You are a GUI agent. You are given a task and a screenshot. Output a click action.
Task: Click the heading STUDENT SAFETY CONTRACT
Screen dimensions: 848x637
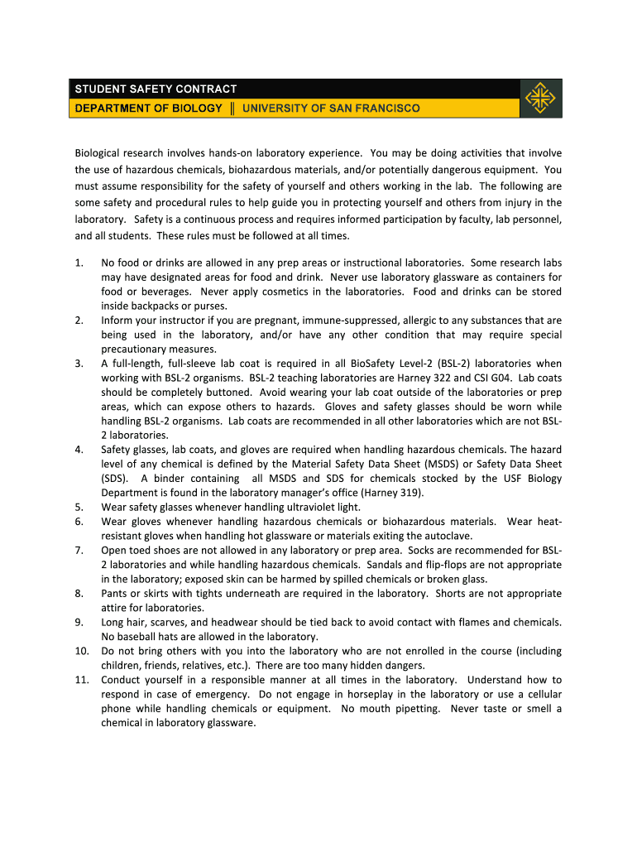(x=156, y=89)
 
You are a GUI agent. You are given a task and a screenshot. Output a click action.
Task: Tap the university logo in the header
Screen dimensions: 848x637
(x=542, y=99)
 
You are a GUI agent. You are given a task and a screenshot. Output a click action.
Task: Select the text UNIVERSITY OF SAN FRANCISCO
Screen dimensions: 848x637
(x=331, y=108)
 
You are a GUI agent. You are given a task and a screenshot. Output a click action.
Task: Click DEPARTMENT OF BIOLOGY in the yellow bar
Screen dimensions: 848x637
(x=149, y=108)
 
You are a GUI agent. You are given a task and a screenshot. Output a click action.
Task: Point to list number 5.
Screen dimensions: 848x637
(x=79, y=507)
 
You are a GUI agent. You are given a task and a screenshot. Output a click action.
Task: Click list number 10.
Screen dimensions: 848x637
(x=81, y=651)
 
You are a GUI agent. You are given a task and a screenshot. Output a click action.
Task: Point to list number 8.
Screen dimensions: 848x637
(x=79, y=594)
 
